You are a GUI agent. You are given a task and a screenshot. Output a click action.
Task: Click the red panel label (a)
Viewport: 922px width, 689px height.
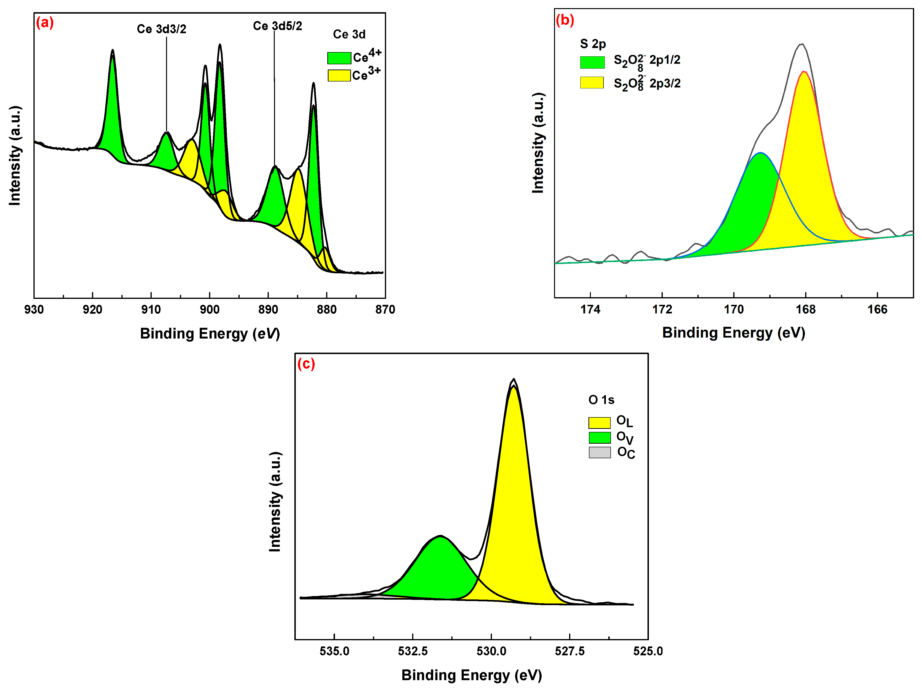coord(45,22)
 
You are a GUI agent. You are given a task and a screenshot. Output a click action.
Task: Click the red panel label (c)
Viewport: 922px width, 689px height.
coord(306,364)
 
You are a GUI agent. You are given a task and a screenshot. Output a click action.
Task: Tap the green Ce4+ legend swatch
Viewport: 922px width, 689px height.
coord(339,58)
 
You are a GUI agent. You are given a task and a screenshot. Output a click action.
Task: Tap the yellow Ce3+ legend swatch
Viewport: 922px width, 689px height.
coord(339,75)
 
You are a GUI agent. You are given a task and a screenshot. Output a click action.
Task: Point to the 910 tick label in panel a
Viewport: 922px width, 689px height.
coord(151,310)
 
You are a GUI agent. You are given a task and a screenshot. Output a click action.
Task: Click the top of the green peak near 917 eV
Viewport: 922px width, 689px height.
coord(112,51)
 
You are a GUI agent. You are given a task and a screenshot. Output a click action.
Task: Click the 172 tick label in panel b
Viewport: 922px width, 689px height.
coord(662,309)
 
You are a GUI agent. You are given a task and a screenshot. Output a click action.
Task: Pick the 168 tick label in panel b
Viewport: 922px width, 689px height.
coord(805,309)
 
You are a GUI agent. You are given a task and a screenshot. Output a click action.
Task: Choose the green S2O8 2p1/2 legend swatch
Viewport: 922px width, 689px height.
coord(592,62)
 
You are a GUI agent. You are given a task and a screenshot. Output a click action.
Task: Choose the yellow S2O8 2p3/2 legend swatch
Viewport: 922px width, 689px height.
coord(592,82)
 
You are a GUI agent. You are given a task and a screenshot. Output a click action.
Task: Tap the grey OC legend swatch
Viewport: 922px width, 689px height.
coord(599,452)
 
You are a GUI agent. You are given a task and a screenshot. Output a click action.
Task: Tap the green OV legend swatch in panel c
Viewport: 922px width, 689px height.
coord(599,437)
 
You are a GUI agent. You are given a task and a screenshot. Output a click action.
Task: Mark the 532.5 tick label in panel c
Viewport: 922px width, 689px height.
coord(413,651)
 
